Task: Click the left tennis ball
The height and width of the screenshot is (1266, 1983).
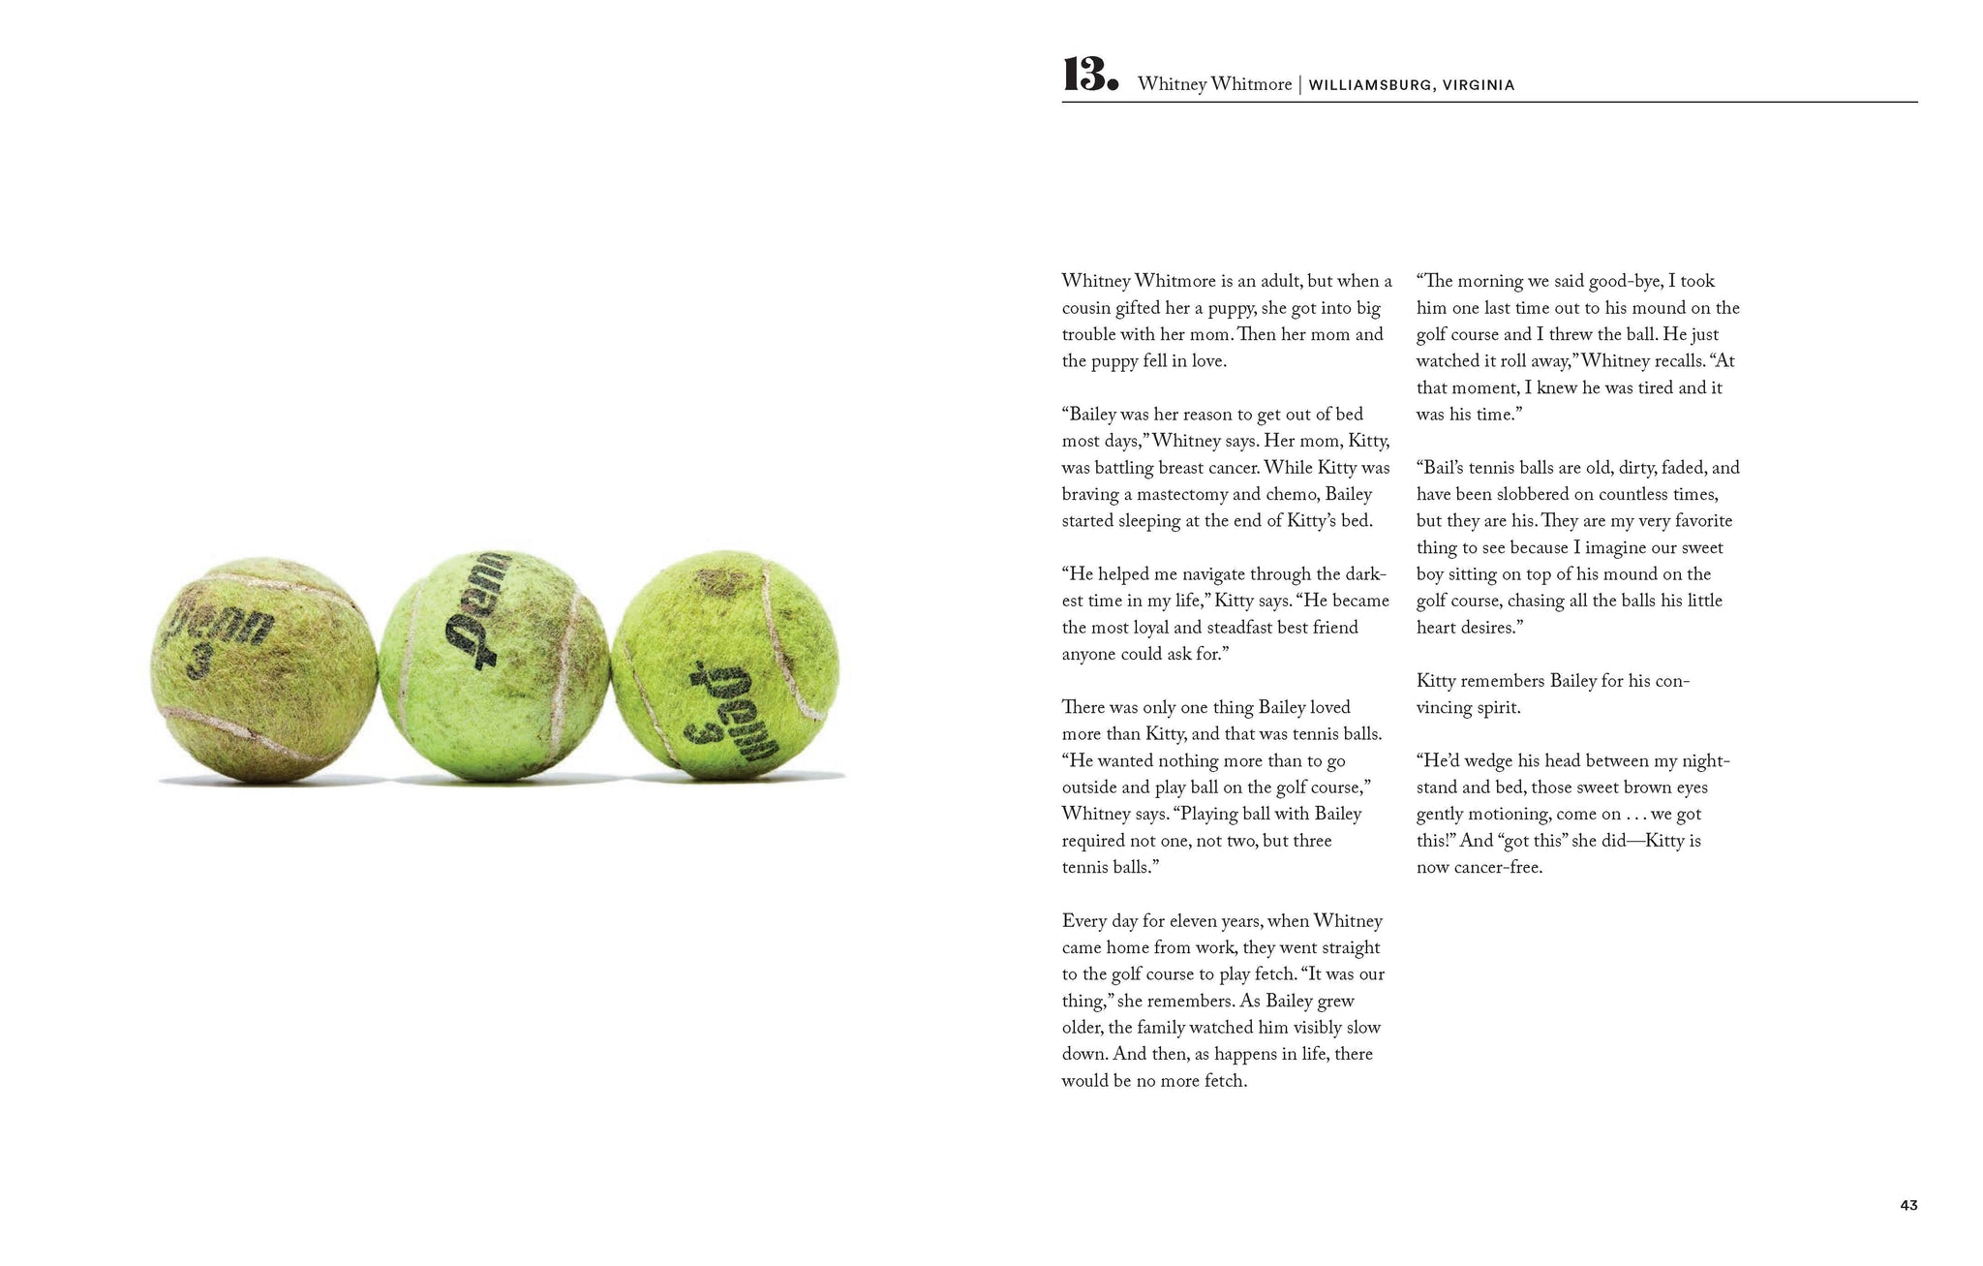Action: click(263, 670)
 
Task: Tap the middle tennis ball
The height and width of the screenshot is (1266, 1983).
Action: click(494, 666)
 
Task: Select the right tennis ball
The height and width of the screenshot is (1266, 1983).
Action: click(725, 666)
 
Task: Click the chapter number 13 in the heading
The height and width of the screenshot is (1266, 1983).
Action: click(1090, 76)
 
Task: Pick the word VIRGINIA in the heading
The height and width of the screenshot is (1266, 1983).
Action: click(1479, 85)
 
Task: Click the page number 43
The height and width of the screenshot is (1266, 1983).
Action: click(1908, 1205)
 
